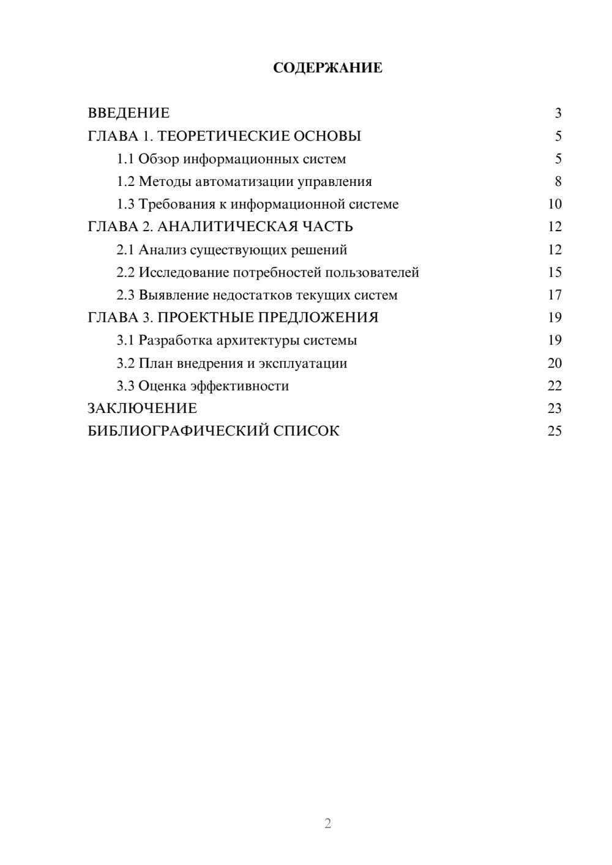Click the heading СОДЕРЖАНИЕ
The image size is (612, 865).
(327, 68)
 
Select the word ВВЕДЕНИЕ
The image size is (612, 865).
(129, 113)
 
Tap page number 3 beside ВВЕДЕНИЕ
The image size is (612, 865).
(558, 113)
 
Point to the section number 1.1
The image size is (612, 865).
(125, 159)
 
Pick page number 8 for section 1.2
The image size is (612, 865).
(558, 182)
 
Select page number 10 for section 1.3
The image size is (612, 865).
(554, 204)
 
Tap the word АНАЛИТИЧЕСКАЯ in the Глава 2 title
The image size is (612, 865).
(228, 227)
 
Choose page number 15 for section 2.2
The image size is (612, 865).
(554, 272)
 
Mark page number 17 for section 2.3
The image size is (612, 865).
(554, 295)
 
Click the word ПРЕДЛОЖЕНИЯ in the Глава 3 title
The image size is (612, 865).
(318, 317)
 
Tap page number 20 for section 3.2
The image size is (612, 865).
(554, 363)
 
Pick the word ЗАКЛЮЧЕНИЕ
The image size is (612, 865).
(142, 409)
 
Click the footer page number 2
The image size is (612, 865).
(327, 823)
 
